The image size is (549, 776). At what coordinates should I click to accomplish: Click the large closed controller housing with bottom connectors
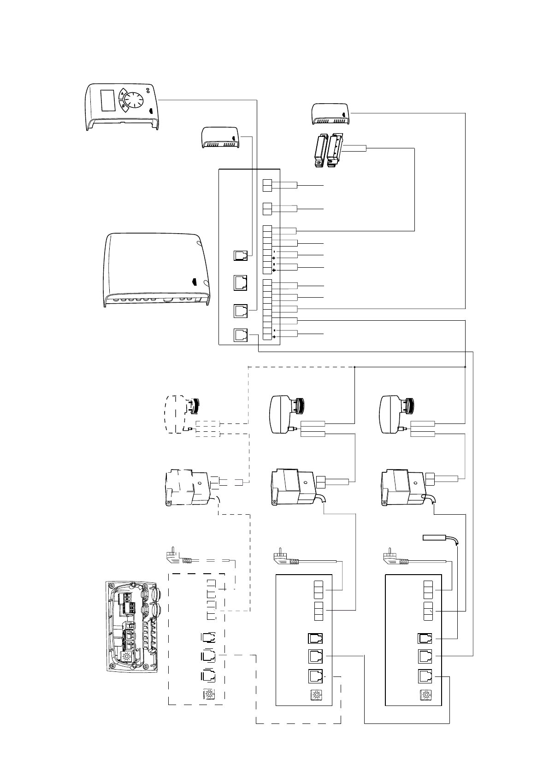coord(156,270)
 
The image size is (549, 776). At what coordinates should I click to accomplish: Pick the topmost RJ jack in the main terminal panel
coord(241,255)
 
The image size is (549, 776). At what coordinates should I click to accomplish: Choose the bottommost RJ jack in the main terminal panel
coord(241,335)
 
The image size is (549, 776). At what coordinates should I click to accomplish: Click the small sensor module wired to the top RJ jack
coord(220,138)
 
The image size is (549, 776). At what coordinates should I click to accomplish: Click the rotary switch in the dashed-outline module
coord(208,694)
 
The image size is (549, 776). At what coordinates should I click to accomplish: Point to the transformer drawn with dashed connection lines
coord(189,488)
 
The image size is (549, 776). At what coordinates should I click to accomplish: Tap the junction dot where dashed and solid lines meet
coord(354,367)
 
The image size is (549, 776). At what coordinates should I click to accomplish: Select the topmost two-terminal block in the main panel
coord(267,185)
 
